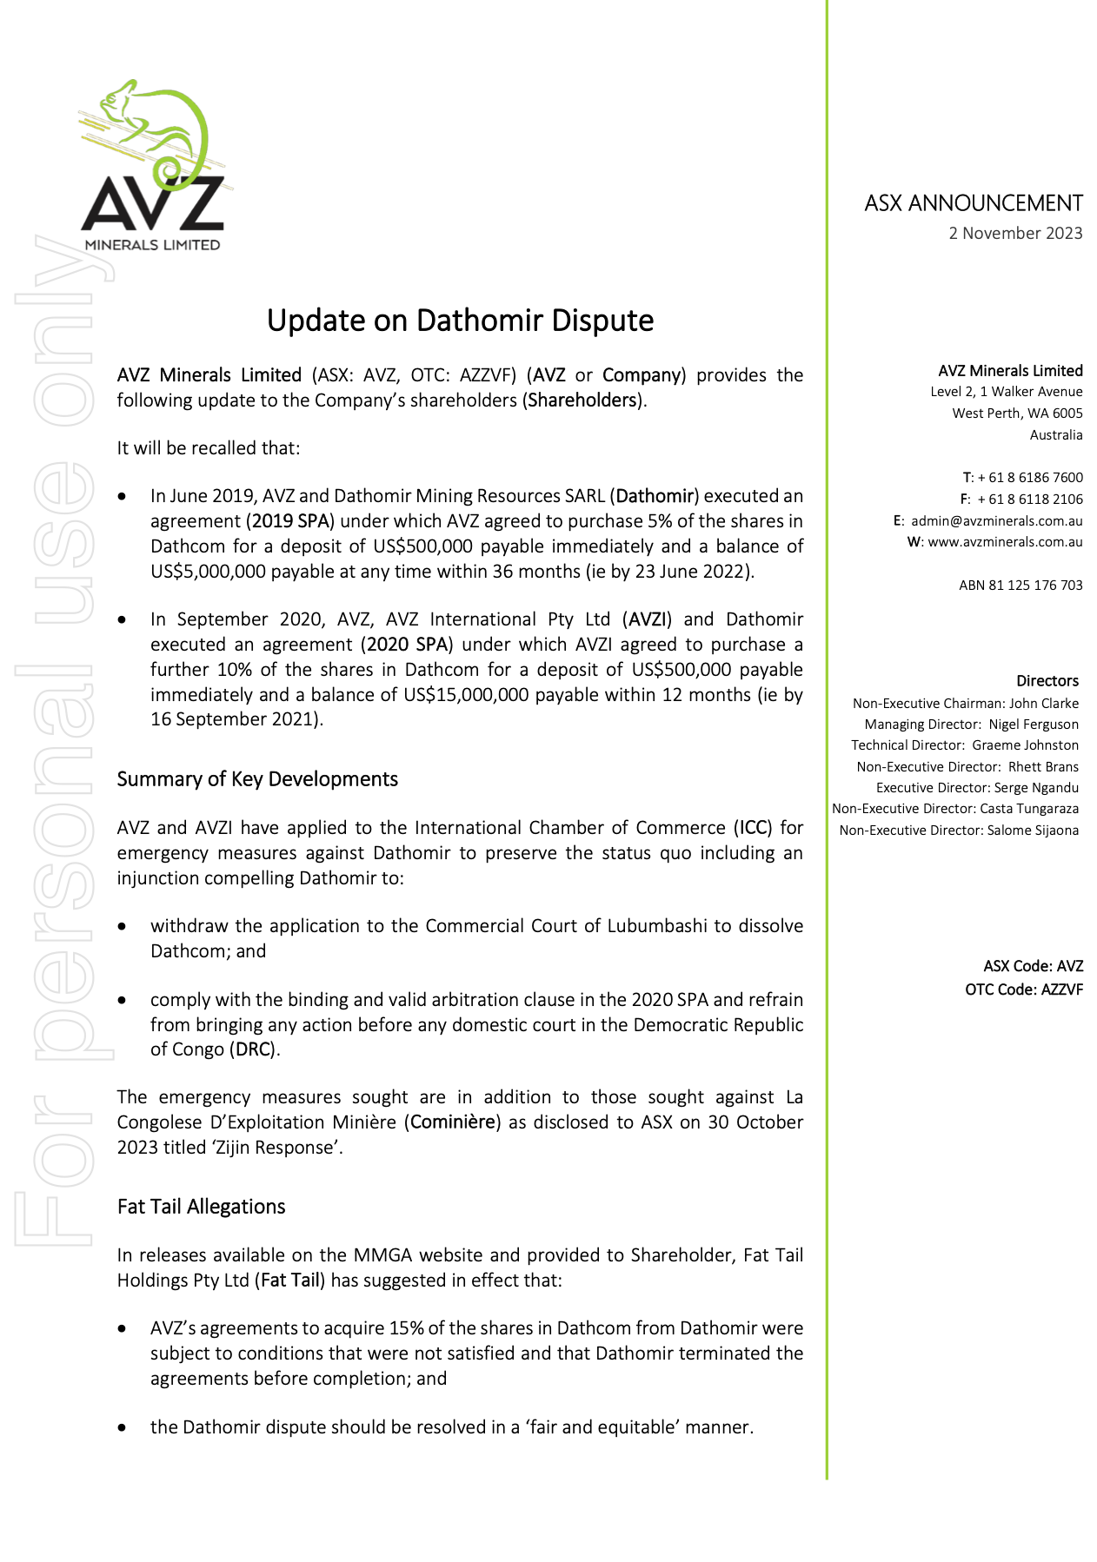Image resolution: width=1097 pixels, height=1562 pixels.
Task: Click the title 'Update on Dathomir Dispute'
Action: coord(460,321)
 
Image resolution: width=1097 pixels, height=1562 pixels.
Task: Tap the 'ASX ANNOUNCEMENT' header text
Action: coord(973,203)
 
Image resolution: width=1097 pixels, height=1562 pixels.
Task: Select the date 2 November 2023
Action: coord(1015,233)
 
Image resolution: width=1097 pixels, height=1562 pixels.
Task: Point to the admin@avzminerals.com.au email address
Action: coord(996,520)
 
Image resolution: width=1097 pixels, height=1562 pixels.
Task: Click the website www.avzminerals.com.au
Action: coord(1005,542)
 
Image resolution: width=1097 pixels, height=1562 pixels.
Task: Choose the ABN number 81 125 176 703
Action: coord(1021,586)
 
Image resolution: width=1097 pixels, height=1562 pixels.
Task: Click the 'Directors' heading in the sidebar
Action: coord(1047,681)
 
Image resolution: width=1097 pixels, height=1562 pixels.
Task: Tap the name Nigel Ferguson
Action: coord(1034,725)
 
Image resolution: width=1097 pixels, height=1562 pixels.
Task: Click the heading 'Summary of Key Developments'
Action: coord(257,779)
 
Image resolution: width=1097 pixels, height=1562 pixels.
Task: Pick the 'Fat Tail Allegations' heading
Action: coord(201,1207)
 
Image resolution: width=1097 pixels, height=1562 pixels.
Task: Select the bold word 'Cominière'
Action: coord(452,1122)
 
